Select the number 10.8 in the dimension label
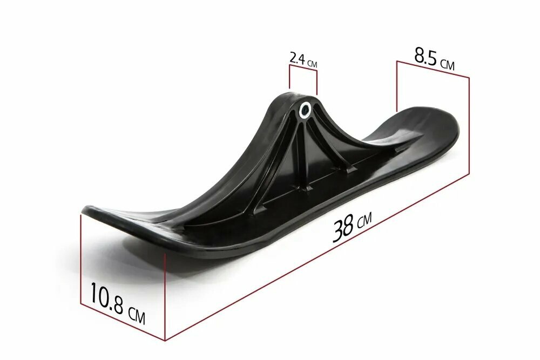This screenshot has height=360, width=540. pyautogui.click(x=107, y=297)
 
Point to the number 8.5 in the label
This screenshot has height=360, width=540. pyautogui.click(x=426, y=57)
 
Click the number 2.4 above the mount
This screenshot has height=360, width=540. pyautogui.click(x=297, y=58)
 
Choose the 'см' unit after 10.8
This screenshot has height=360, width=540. pyautogui.click(x=137, y=315)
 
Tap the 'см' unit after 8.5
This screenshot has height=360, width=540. pyautogui.click(x=447, y=64)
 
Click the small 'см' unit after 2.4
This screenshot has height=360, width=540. pyautogui.click(x=312, y=64)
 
